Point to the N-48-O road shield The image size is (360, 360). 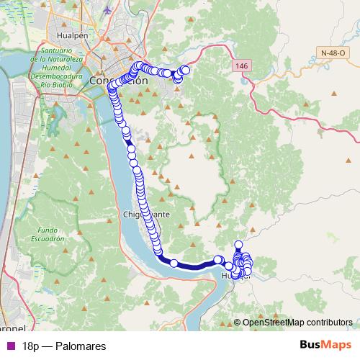[x=335, y=53]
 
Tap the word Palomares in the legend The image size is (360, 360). [x=81, y=346]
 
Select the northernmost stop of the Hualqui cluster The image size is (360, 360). [x=238, y=245]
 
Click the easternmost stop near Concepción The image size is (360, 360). [x=186, y=69]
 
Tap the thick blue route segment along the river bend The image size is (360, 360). [x=194, y=264]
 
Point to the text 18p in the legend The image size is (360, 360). [x=31, y=346]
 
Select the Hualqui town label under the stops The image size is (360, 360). [x=232, y=276]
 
